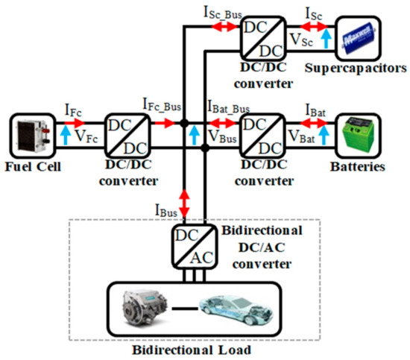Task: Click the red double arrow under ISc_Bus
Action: pyautogui.click(x=218, y=25)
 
